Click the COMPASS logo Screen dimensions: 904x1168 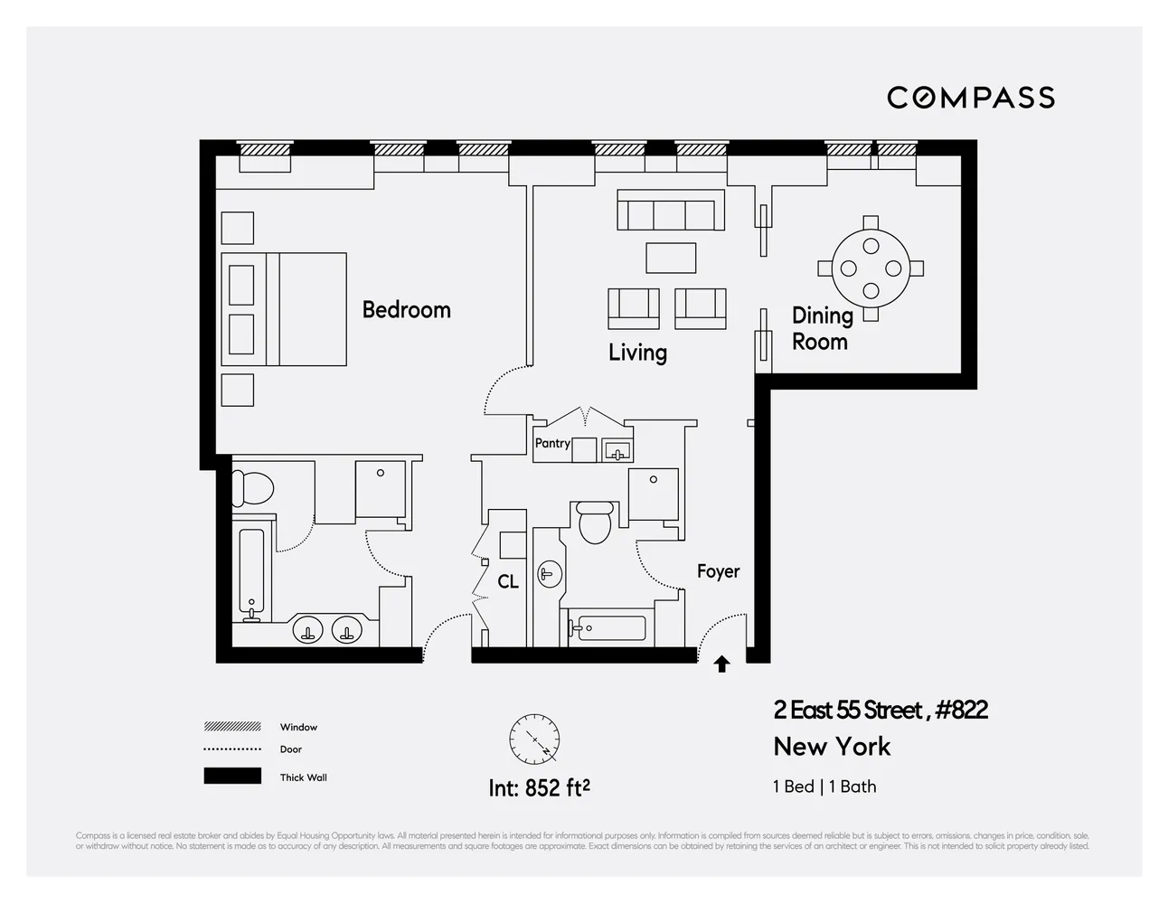pos(970,98)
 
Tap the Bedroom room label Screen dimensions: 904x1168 pos(406,310)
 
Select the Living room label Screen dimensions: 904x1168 pos(637,353)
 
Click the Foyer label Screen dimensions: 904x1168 pos(718,571)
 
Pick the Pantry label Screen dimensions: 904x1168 pos(552,443)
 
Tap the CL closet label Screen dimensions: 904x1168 pos(508,581)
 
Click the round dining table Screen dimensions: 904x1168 pos(871,268)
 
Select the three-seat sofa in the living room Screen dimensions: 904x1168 pos(670,211)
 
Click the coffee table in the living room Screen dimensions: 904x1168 pos(671,258)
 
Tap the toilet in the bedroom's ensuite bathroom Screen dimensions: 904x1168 pos(252,488)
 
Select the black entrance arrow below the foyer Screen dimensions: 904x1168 pos(721,664)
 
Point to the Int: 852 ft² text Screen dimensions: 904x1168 pos(540,788)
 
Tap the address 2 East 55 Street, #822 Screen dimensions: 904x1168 pos(880,711)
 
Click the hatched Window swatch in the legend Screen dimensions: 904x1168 pos(232,727)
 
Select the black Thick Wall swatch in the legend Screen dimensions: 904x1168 pos(232,777)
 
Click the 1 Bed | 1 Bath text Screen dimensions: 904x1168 pos(824,786)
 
